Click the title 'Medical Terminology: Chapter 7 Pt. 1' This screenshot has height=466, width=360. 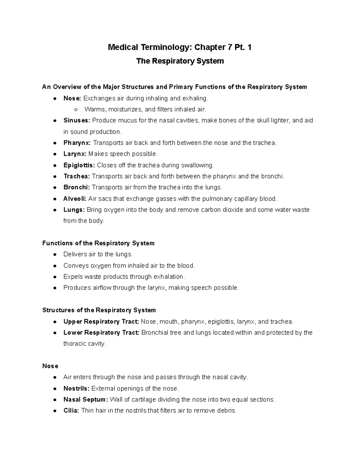[180, 47]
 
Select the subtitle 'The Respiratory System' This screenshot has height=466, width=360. [180, 61]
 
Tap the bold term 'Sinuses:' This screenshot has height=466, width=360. [77, 121]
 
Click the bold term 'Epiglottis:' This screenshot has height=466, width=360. [79, 165]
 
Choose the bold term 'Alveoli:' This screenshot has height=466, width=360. [75, 199]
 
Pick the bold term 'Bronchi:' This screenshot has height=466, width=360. [76, 188]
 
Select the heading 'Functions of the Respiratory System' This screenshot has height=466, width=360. [98, 243]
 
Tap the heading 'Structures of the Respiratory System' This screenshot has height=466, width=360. [99, 310]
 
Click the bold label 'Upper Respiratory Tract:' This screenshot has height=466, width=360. [101, 322]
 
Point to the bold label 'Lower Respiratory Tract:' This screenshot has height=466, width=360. [101, 333]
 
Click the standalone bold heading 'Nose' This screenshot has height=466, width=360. [50, 366]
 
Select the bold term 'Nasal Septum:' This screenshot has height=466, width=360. [86, 400]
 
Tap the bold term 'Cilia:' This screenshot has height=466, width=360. [71, 411]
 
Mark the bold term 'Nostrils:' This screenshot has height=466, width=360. [76, 389]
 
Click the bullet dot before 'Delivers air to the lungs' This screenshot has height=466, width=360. [55, 254]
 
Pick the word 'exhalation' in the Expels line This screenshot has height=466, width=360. [169, 277]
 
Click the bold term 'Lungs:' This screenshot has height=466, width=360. [74, 210]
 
